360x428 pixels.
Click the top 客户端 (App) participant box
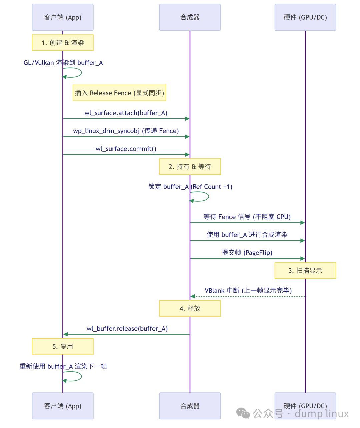point(63,17)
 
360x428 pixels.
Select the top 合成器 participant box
point(190,17)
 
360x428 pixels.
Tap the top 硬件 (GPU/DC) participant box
point(305,17)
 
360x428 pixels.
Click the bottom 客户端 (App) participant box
point(63,406)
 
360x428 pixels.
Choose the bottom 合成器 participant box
point(190,406)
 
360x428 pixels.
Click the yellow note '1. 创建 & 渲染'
point(63,43)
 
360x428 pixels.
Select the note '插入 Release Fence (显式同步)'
point(119,93)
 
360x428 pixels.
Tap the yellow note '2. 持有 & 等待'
point(190,167)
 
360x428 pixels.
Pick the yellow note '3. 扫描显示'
point(305,271)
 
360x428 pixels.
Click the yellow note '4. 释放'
point(190,309)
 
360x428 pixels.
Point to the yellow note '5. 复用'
point(63,347)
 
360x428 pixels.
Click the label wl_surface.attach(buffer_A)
point(126,113)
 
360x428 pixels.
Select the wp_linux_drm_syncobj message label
point(126,131)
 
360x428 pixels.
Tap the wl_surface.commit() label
point(126,149)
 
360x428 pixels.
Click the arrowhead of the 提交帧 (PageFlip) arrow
point(303,259)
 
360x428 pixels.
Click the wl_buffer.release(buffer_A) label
point(127,329)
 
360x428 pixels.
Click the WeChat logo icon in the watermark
point(243,413)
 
